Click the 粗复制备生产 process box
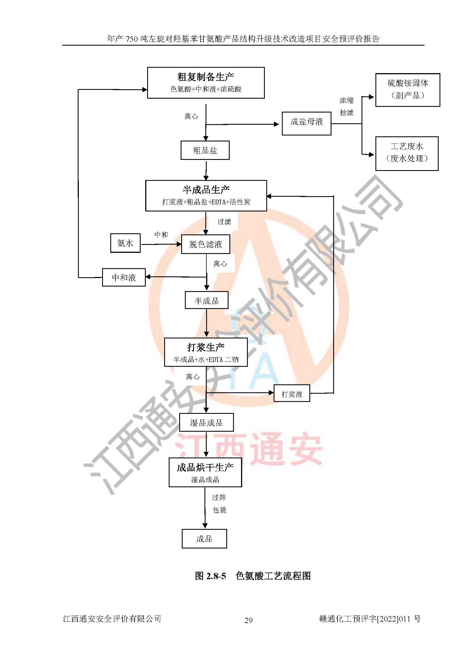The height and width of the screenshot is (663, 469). [206, 83]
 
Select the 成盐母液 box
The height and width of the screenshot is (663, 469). [307, 123]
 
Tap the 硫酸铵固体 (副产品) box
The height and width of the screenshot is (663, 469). [407, 90]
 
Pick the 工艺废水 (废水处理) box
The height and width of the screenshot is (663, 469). [407, 153]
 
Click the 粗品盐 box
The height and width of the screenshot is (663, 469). [205, 150]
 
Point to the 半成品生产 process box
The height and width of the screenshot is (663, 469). [206, 196]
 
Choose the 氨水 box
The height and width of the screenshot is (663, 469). [125, 243]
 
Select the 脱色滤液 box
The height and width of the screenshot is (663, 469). [206, 244]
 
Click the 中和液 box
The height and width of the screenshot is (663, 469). [124, 278]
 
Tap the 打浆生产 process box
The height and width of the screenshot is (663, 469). [206, 352]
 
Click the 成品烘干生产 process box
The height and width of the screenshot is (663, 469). [205, 472]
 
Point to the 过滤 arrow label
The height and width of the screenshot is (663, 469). [224, 222]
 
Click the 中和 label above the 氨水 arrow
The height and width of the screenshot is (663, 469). [161, 235]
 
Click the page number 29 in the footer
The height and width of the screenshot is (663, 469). [248, 620]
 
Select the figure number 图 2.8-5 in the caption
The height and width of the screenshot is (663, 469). [210, 576]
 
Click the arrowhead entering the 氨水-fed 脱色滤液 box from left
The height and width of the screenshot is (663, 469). [179, 244]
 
